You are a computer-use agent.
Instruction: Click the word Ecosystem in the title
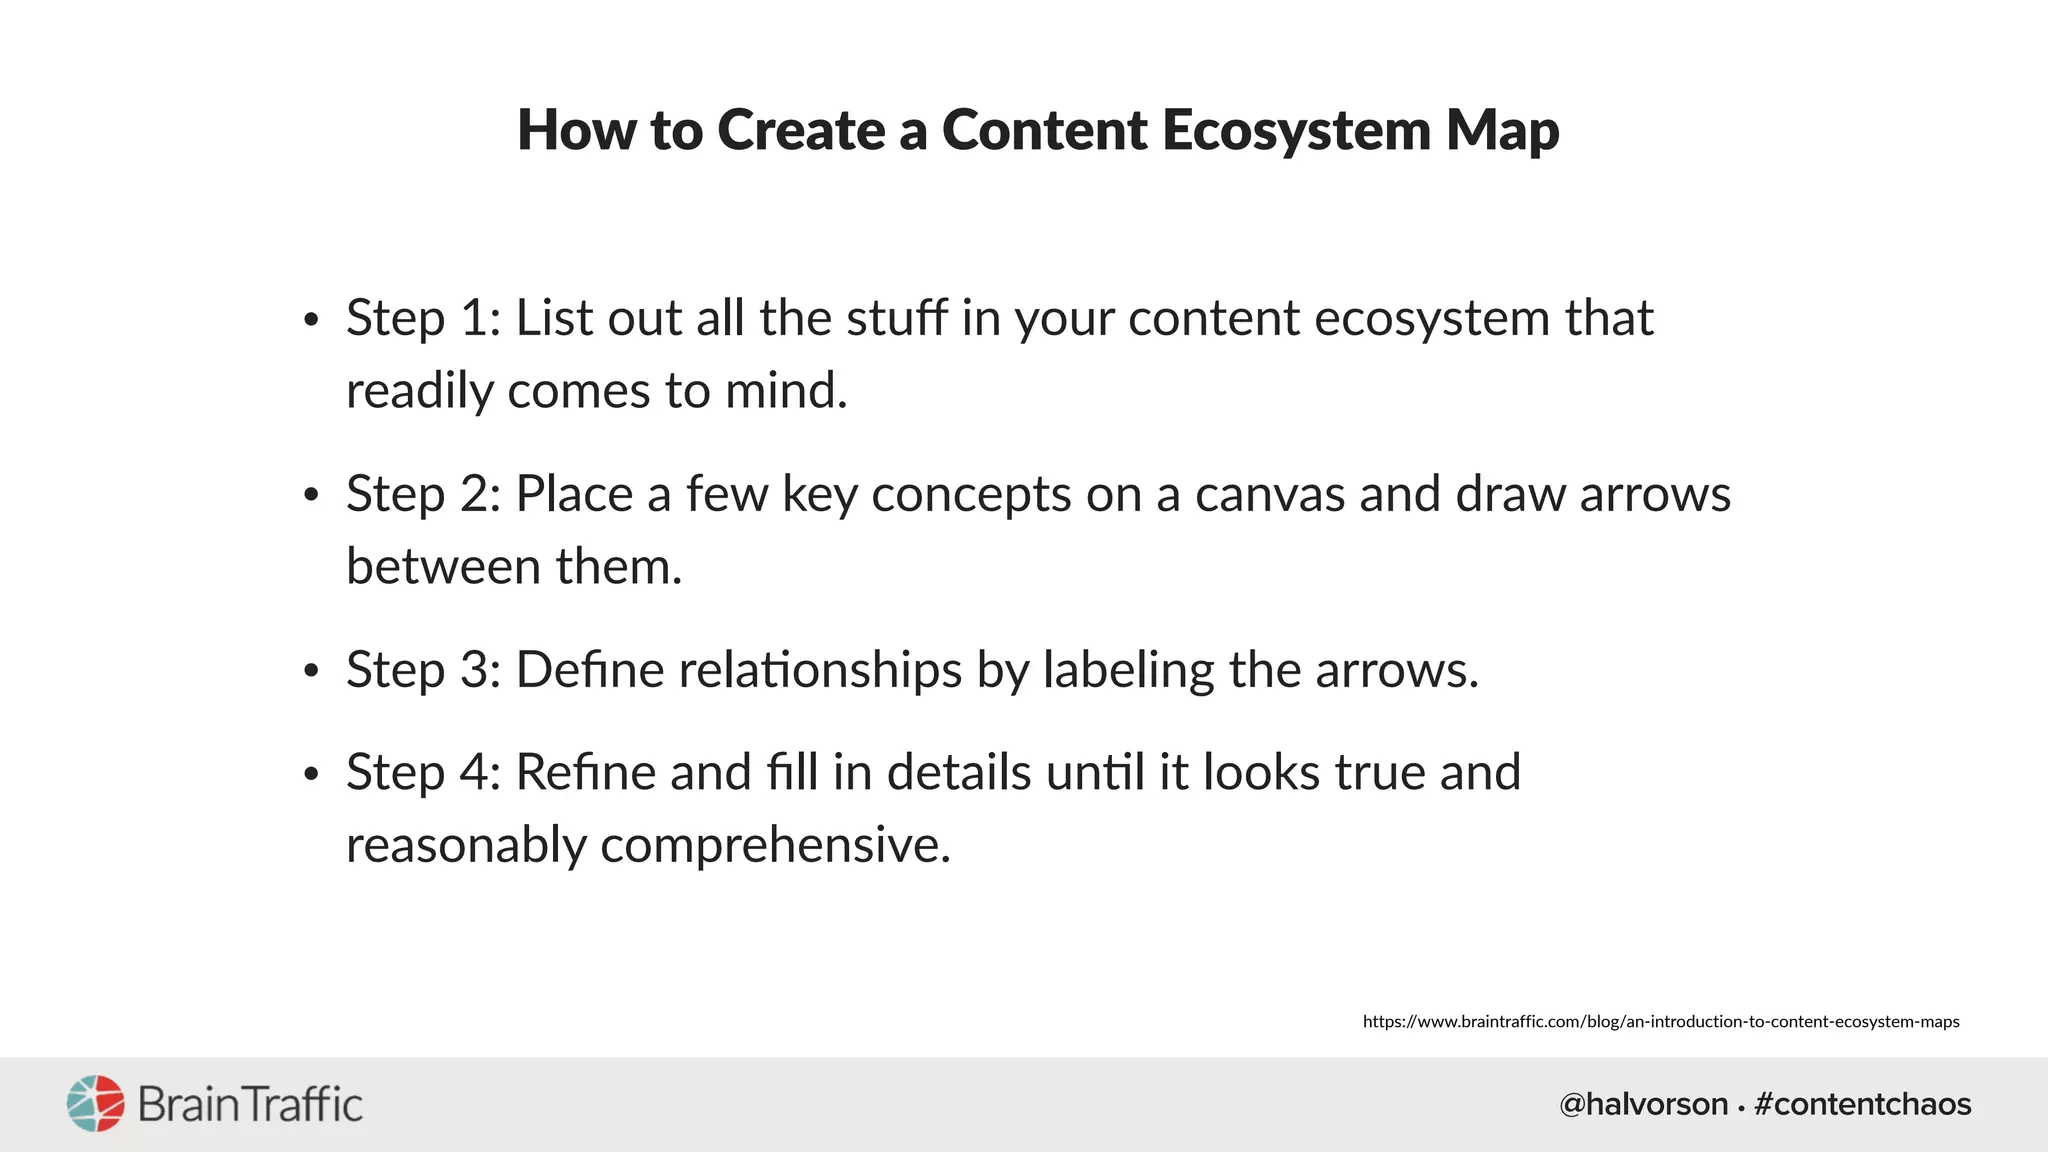1297,131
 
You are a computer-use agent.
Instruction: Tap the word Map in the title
1502,131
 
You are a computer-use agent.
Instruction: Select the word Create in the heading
801,131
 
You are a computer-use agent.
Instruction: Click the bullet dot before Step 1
311,320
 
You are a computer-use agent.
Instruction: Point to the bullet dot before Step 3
311,672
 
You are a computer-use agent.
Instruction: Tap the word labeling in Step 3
1129,670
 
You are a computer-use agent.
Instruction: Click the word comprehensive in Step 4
775,845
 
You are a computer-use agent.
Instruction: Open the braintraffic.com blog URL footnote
1660,1021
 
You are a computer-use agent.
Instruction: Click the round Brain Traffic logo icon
96,1104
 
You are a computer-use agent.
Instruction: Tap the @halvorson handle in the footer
1643,1104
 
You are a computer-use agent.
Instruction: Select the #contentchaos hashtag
1863,1104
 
